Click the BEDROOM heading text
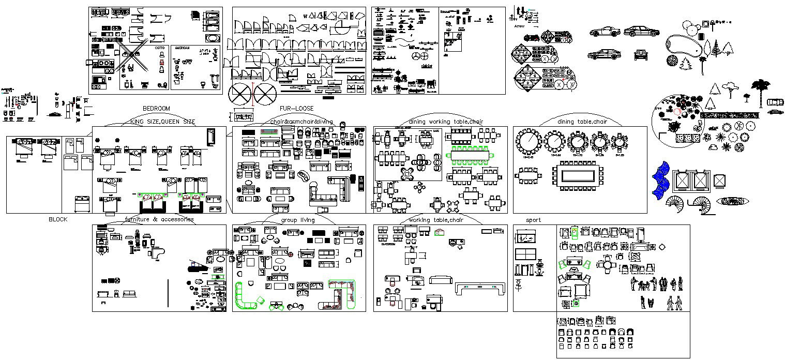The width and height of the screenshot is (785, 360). pyautogui.click(x=156, y=108)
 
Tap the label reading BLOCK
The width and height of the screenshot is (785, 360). pyautogui.click(x=58, y=219)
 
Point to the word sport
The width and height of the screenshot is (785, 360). pyautogui.click(x=533, y=220)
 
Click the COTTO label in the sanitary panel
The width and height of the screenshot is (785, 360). pyautogui.click(x=160, y=48)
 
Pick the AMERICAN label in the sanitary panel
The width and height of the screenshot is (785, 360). pyautogui.click(x=182, y=48)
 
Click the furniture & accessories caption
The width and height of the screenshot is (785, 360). pyautogui.click(x=159, y=219)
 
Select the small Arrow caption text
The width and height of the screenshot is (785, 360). pyautogui.click(x=519, y=25)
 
